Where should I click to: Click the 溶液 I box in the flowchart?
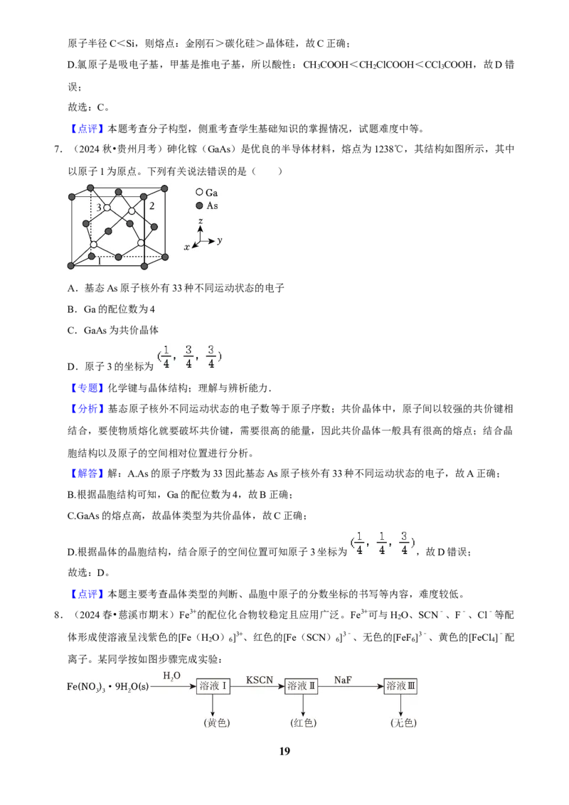tap(213, 686)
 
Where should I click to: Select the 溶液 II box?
tap(302, 686)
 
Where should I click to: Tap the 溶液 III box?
tap(400, 686)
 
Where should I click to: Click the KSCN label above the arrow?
tap(260, 680)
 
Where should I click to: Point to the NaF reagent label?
tap(343, 680)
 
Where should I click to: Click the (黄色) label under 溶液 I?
tap(217, 723)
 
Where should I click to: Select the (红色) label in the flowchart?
tap(304, 723)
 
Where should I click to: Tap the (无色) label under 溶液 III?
tap(404, 723)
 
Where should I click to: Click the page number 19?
tap(284, 751)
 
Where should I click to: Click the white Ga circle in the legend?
tap(199, 192)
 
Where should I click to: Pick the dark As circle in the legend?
tap(199, 206)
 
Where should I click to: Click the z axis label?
tap(201, 220)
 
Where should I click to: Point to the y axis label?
tap(220, 240)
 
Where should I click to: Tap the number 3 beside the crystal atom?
tap(99, 208)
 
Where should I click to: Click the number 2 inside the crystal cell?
tap(152, 206)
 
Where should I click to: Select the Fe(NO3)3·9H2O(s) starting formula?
tap(108, 686)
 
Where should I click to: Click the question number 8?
tap(58, 615)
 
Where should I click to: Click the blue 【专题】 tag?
tap(85, 388)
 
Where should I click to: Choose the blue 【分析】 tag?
tap(85, 409)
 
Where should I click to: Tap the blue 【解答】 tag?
tap(85, 474)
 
